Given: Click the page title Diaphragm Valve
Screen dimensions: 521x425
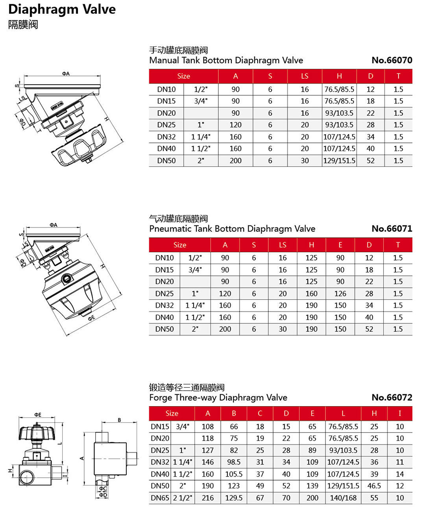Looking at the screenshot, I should pyautogui.click(x=62, y=9).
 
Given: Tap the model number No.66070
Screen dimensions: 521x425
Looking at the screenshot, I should pyautogui.click(x=392, y=60).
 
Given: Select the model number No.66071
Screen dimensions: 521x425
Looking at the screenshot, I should pyautogui.click(x=392, y=229).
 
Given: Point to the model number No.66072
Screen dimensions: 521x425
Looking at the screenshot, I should pyautogui.click(x=392, y=397).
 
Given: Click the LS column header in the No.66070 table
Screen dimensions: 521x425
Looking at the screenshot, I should pyautogui.click(x=305, y=76).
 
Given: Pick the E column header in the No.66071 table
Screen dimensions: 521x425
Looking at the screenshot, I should pyautogui.click(x=340, y=245).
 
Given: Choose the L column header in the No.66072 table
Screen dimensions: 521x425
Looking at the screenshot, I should pyautogui.click(x=343, y=413).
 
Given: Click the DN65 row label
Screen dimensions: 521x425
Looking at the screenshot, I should pyautogui.click(x=160, y=498).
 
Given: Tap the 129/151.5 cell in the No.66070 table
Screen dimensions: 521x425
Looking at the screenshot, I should pyautogui.click(x=339, y=161).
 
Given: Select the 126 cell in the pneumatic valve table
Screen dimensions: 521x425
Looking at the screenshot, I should pyautogui.click(x=340, y=294).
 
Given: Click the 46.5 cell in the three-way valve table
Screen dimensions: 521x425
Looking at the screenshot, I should pyautogui.click(x=374, y=486).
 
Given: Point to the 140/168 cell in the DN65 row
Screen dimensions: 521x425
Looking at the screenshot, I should pyautogui.click(x=343, y=498).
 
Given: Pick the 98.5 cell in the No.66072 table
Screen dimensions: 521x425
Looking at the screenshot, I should pyautogui.click(x=234, y=462).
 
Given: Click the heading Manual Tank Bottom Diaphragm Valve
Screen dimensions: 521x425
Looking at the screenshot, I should pyautogui.click(x=226, y=60).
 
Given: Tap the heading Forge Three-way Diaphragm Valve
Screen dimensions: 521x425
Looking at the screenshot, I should pyautogui.click(x=218, y=397).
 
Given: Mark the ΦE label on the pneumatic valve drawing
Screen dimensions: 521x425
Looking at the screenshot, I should pyautogui.click(x=91, y=318).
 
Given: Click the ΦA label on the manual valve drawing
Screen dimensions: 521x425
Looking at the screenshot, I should pyautogui.click(x=66, y=74).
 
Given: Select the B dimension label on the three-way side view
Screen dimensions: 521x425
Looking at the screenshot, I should pyautogui.click(x=119, y=420).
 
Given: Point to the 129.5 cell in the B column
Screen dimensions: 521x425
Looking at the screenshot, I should pyautogui.click(x=234, y=498).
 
